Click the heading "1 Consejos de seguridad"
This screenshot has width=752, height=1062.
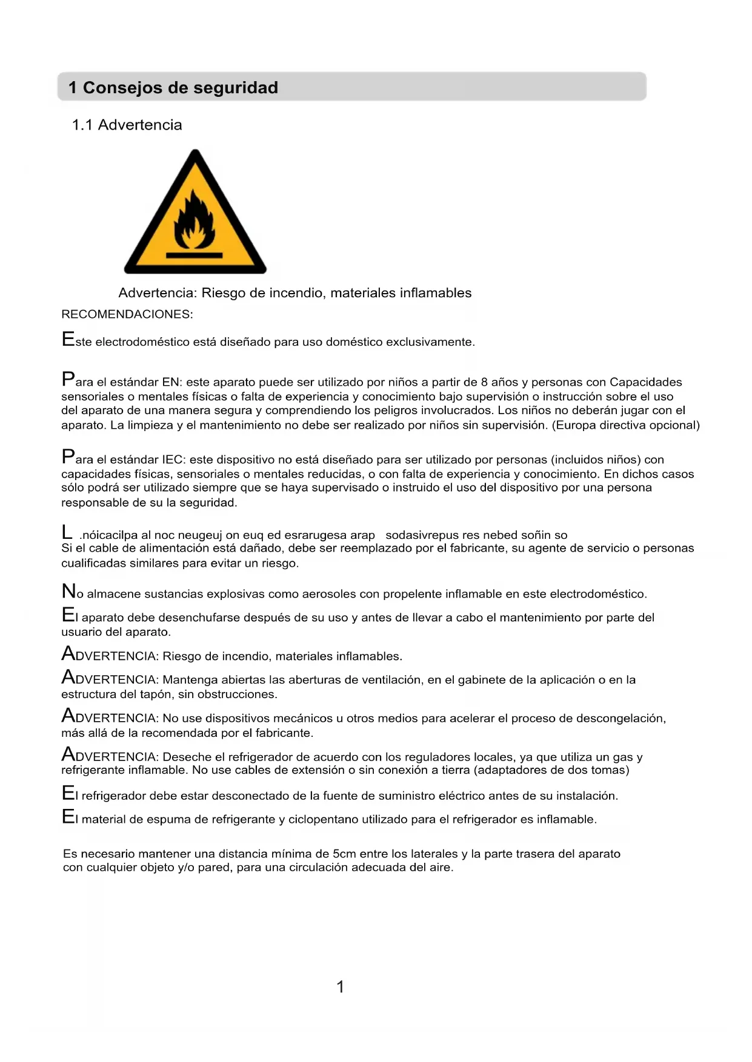click(x=173, y=88)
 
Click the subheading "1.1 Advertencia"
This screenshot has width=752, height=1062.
click(x=127, y=125)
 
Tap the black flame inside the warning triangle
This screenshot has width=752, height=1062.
click(x=195, y=221)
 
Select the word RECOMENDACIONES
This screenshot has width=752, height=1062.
click(x=127, y=314)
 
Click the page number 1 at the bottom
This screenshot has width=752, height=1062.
click(x=340, y=987)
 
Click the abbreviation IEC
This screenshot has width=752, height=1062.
click(x=173, y=460)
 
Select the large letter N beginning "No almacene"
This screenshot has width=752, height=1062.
click(x=68, y=591)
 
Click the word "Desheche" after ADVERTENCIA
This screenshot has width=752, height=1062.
click(x=186, y=757)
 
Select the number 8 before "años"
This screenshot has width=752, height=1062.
click(x=484, y=382)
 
